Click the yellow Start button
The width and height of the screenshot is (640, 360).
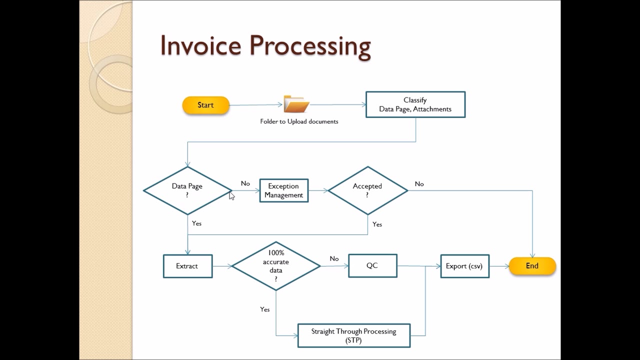205,105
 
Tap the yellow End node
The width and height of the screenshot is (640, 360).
532,266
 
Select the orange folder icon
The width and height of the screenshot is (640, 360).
296,104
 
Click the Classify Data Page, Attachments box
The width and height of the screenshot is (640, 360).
415,104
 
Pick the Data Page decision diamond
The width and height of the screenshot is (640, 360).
187,190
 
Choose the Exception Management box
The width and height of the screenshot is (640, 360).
284,190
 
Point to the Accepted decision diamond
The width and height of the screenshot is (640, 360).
367,190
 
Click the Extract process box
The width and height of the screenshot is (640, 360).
187,266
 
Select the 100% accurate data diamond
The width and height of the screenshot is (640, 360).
276,266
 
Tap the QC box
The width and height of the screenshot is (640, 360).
372,265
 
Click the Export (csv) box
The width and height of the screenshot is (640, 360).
464,266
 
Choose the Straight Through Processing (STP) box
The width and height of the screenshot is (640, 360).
353,335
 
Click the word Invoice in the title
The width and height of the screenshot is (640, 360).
201,45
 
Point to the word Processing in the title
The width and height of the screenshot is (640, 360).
310,46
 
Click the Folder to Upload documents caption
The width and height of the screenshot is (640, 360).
299,121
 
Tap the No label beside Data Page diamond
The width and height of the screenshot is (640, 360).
245,183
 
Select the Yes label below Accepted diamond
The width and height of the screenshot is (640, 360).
377,224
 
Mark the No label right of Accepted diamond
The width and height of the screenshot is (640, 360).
419,184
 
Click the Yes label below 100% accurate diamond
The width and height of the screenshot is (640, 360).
265,309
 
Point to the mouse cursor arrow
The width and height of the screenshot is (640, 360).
231,195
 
